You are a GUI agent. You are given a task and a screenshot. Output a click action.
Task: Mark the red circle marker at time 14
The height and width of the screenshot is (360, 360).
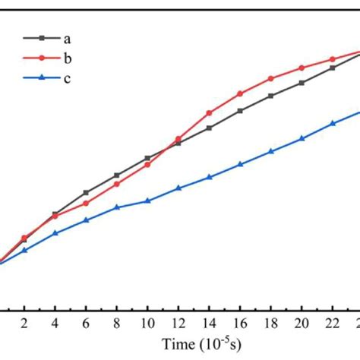pyautogui.click(x=209, y=113)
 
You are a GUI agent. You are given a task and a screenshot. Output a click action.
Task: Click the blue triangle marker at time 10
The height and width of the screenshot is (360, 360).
pyautogui.click(x=147, y=201)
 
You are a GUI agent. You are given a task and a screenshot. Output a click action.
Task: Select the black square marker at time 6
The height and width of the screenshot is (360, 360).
pyautogui.click(x=86, y=192)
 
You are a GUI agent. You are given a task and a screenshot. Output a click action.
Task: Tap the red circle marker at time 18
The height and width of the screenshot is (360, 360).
pyautogui.click(x=271, y=78)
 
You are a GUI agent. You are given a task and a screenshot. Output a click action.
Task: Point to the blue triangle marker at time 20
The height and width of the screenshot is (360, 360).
pyautogui.click(x=302, y=138)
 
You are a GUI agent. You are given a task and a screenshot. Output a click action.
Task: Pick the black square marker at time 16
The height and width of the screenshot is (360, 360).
pyautogui.click(x=240, y=111)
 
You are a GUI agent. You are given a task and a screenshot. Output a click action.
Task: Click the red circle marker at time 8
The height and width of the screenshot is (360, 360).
pyautogui.click(x=116, y=184)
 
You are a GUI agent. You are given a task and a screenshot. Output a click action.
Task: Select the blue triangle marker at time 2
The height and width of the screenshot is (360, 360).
pyautogui.click(x=24, y=250)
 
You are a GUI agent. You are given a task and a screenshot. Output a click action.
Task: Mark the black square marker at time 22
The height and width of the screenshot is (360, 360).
pyautogui.click(x=333, y=68)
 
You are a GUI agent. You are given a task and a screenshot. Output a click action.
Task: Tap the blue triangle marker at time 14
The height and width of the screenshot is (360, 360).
pyautogui.click(x=209, y=177)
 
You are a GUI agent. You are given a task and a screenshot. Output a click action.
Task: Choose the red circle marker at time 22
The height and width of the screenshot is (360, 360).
pyautogui.click(x=333, y=59)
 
